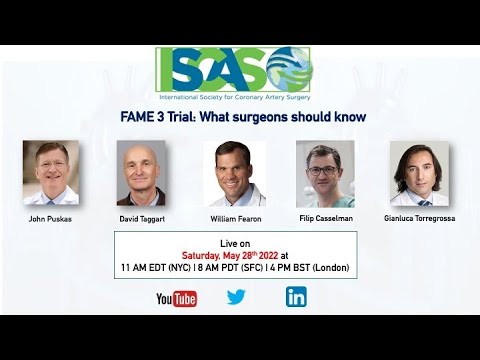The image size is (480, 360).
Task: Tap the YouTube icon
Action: tap(176, 297)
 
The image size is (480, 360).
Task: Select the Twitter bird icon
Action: tap(236, 297)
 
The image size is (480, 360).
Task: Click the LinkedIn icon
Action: tap(296, 297)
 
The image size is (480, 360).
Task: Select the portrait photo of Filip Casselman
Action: tap(324, 173)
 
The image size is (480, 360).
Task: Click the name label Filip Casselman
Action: tap(324, 218)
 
